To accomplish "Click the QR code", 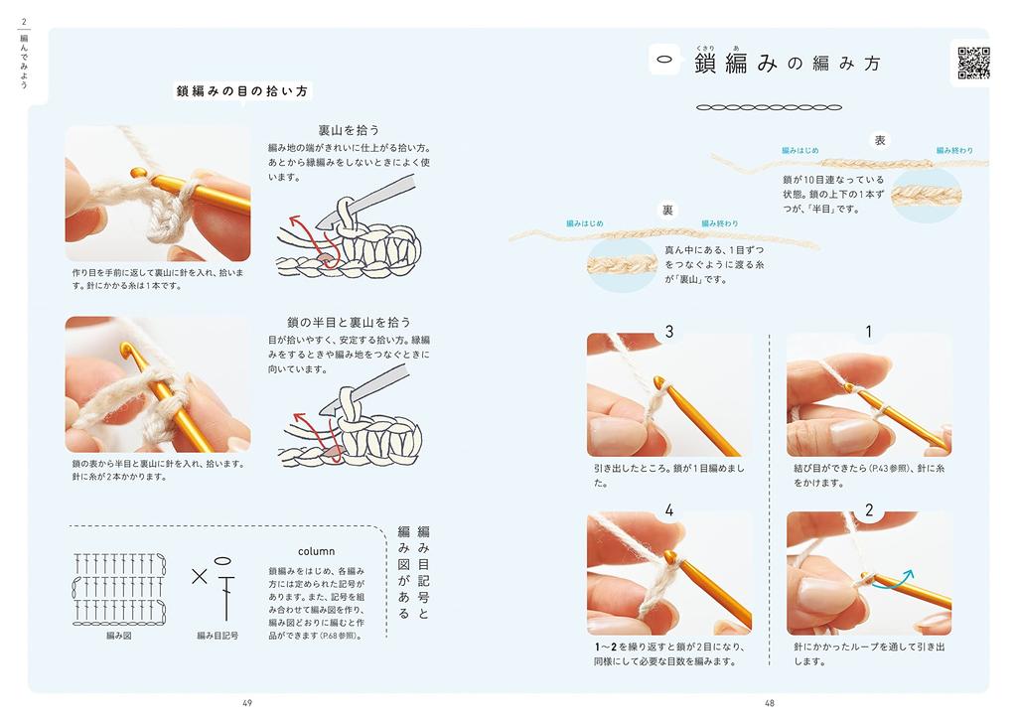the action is (973, 63).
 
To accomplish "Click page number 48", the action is (770, 703).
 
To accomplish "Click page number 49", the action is (247, 703).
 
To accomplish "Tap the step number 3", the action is (669, 332).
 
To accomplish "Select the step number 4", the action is (669, 510).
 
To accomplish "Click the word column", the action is (317, 551).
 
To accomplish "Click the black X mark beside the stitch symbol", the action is (200, 576).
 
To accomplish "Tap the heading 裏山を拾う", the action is (349, 130).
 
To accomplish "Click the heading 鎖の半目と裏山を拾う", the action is (349, 322).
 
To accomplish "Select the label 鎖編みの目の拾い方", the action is (242, 91).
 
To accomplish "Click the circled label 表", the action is (880, 140).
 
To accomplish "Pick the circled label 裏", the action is (668, 211).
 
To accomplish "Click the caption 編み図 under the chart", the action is (119, 636).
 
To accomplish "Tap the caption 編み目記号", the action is (218, 636).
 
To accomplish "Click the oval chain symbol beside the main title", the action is (664, 60).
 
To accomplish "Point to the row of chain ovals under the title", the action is (770, 107).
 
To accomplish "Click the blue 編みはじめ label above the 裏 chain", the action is (585, 223).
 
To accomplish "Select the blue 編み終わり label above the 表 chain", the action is (954, 150).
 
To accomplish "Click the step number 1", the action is (869, 332).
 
